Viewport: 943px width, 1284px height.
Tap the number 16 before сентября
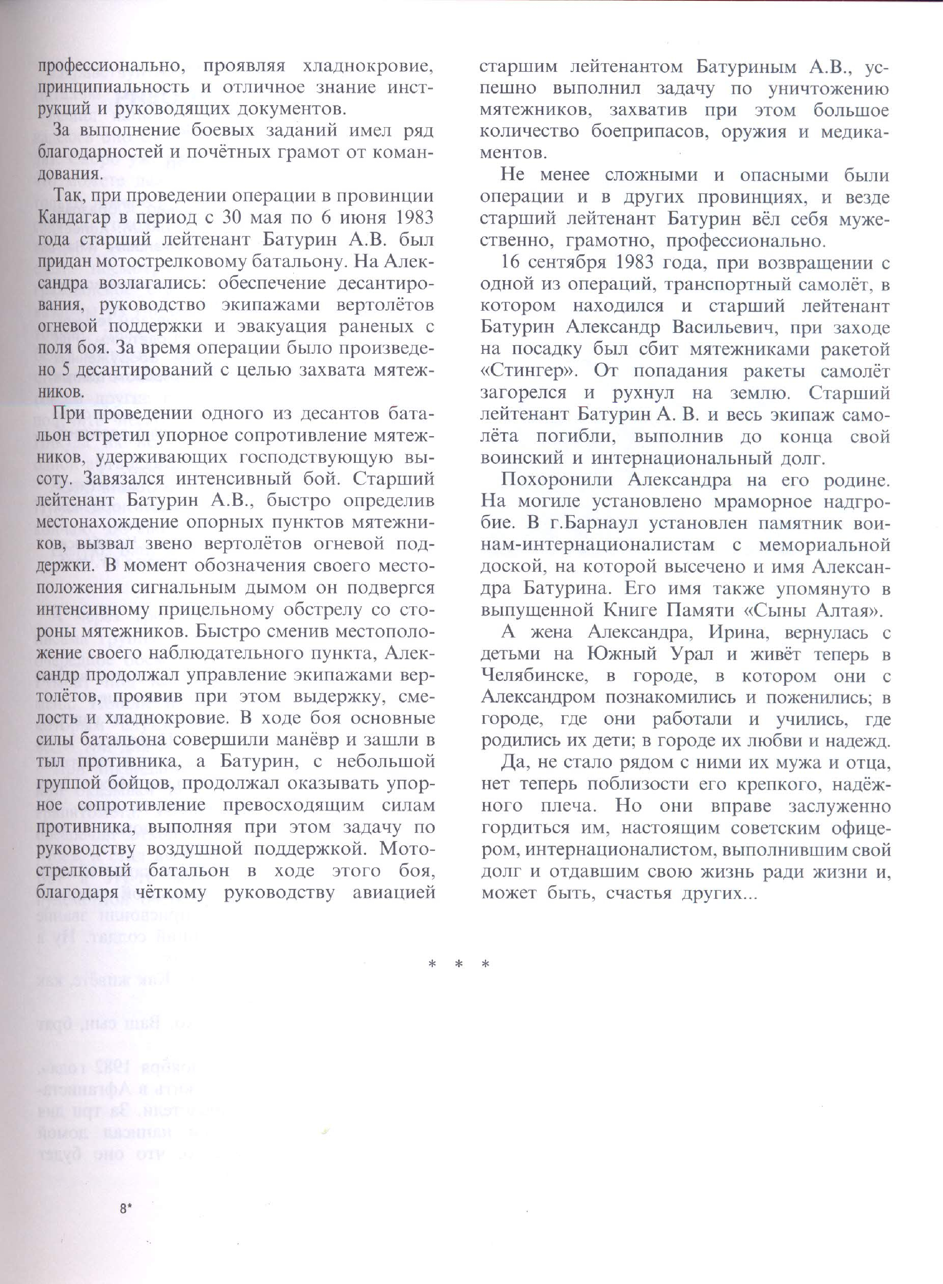[511, 263]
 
